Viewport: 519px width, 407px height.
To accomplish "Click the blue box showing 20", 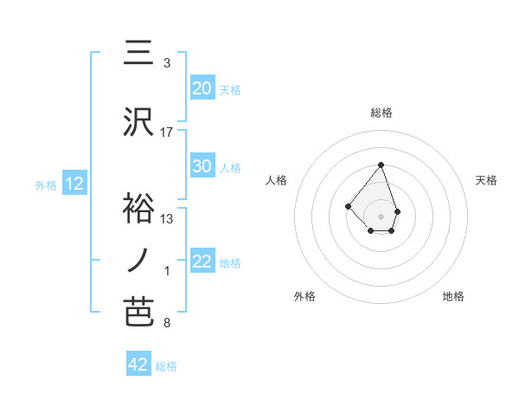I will click(202, 88).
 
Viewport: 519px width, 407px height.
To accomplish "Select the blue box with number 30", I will click(202, 166).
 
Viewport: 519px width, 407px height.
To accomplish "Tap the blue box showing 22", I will click(202, 262).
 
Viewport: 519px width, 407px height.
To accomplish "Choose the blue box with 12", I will click(74, 184).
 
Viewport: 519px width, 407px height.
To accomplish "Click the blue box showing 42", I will click(138, 365).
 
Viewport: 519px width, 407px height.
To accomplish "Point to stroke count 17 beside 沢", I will click(167, 132).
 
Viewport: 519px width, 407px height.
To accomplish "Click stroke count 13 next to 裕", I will click(167, 218).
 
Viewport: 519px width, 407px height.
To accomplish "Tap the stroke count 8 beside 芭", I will click(166, 323).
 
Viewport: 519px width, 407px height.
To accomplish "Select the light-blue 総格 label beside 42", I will click(166, 366).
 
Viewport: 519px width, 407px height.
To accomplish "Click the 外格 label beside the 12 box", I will click(45, 184).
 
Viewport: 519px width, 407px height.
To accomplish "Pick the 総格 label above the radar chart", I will click(381, 113).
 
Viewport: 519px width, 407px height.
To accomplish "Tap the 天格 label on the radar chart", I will click(486, 180).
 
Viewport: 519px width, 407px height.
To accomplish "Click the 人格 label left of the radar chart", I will click(277, 180).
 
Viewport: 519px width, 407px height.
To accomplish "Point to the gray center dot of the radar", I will click(381, 216).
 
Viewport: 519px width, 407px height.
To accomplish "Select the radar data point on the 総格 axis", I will click(381, 165).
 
